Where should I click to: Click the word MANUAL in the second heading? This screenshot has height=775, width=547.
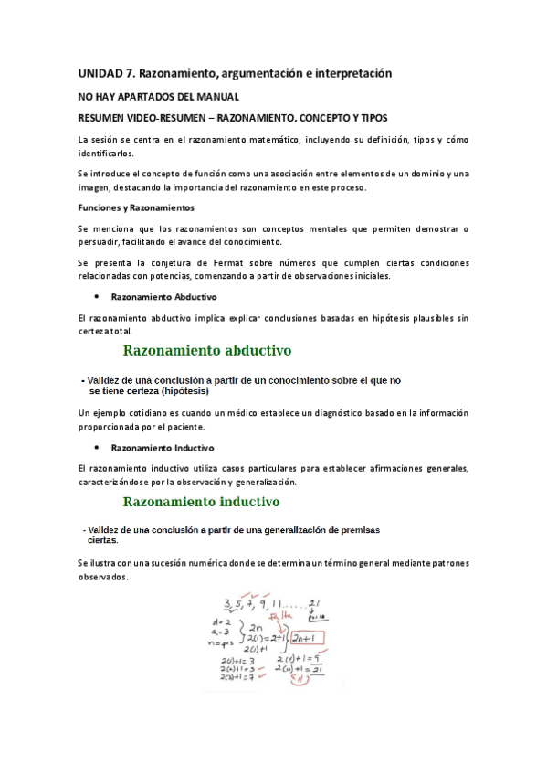coord(216,96)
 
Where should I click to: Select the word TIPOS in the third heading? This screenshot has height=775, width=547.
coord(369,119)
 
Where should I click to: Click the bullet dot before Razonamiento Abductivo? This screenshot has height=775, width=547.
coord(96,297)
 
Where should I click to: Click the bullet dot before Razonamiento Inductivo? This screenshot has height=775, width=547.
coord(96,448)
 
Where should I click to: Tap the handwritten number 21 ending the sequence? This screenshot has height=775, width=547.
coord(314,601)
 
